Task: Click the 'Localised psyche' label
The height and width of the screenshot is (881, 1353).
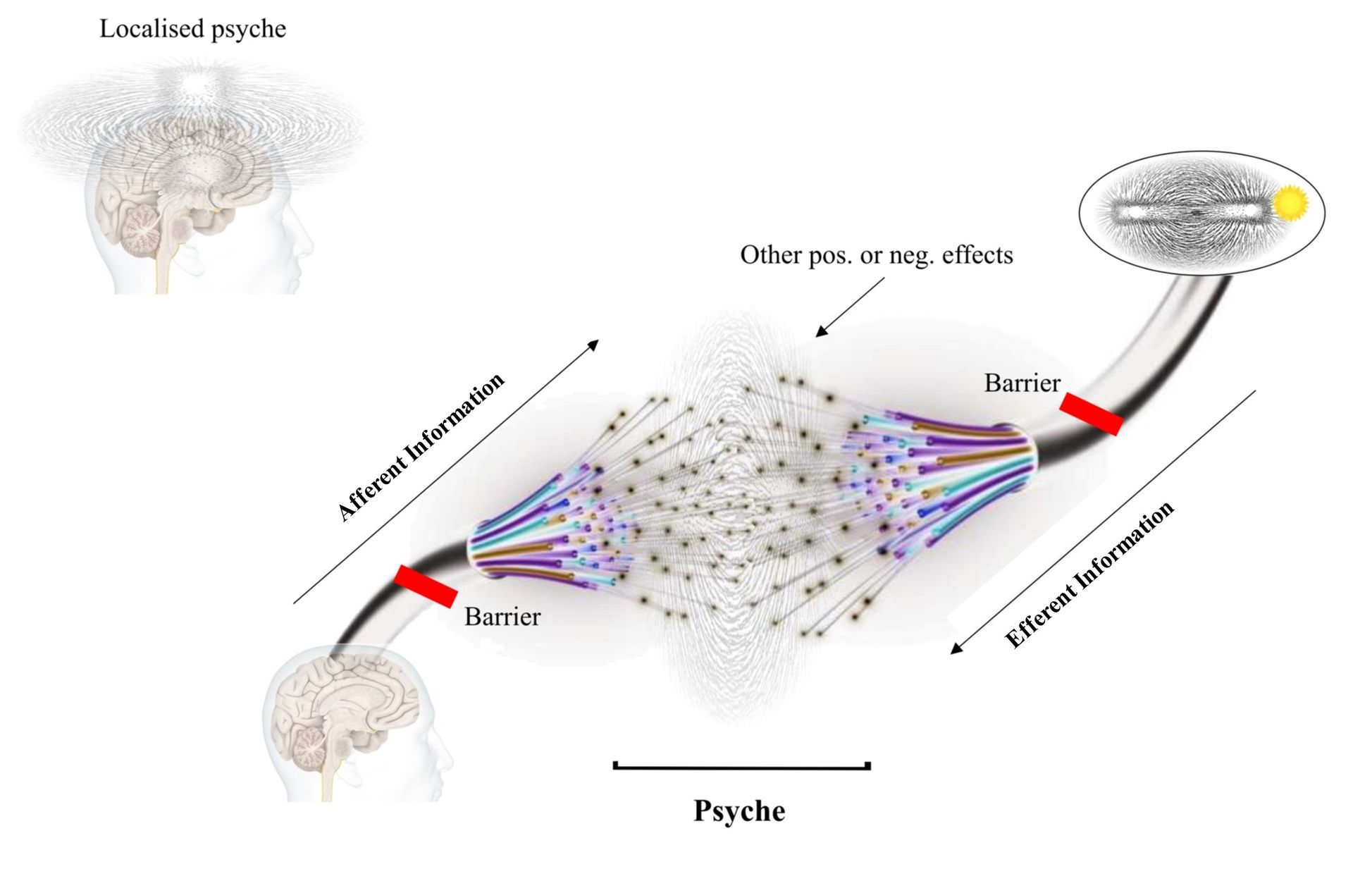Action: [192, 29]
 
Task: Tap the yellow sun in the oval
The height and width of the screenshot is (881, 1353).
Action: [1290, 203]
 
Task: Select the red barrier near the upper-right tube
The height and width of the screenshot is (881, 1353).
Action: [1091, 414]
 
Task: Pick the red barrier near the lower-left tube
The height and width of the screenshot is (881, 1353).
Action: [426, 586]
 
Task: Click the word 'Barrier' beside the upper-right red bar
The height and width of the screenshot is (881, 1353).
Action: [1022, 383]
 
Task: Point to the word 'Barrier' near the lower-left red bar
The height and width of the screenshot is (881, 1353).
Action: [502, 617]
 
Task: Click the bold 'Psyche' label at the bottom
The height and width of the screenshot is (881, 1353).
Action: [739, 811]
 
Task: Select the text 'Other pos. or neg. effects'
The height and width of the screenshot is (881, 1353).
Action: [876, 255]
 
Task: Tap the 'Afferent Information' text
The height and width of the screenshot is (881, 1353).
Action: [421, 447]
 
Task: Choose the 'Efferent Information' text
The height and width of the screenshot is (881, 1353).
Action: [1089, 575]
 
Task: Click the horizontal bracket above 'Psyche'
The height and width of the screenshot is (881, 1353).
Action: [742, 766]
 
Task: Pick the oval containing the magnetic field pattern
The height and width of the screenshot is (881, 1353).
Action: [1201, 211]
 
